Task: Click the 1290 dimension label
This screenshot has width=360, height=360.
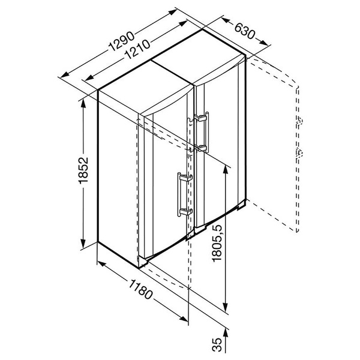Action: pyautogui.click(x=121, y=41)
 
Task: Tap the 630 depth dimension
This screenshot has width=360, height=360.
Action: pyautogui.click(x=245, y=31)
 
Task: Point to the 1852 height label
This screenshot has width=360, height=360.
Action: pyautogui.click(x=83, y=170)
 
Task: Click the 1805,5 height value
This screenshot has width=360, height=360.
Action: pyautogui.click(x=217, y=242)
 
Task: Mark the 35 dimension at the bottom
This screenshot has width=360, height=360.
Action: pyautogui.click(x=217, y=344)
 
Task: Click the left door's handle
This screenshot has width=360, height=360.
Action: pyautogui.click(x=184, y=194)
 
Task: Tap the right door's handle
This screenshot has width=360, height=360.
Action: pyautogui.click(x=202, y=132)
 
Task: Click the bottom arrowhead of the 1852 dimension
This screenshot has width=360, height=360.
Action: pyautogui.click(x=83, y=244)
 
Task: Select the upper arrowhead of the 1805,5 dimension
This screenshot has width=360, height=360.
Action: pyautogui.click(x=226, y=169)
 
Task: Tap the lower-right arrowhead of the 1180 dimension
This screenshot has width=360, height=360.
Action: pyautogui.click(x=184, y=319)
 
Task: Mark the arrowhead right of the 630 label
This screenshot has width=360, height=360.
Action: pyautogui.click(x=263, y=43)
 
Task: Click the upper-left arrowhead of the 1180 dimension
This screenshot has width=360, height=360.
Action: pyautogui.click(x=101, y=264)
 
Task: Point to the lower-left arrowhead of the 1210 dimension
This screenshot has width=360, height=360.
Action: pyautogui.click(x=89, y=78)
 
